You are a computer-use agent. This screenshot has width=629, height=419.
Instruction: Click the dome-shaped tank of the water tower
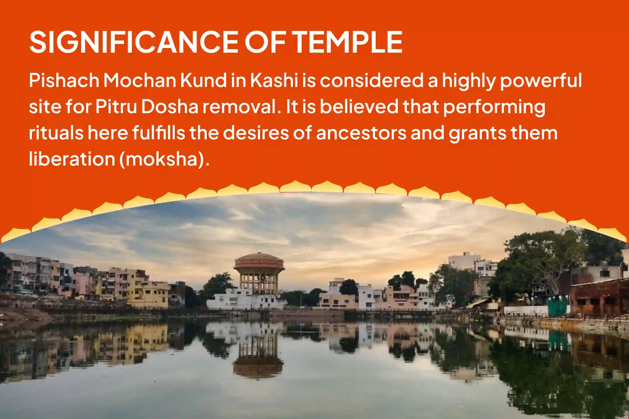click(x=259, y=261)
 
